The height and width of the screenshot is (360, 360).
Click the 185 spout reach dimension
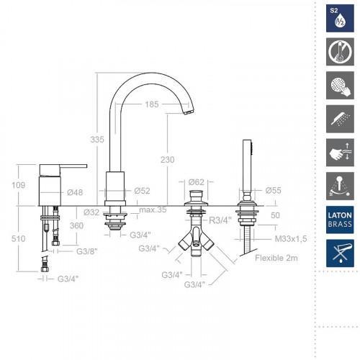(151, 104)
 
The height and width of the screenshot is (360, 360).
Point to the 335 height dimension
(97, 139)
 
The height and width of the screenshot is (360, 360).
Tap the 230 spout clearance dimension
(168, 160)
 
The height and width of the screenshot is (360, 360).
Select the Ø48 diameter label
(75, 192)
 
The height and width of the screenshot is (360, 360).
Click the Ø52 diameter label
(142, 191)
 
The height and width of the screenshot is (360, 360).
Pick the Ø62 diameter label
(197, 182)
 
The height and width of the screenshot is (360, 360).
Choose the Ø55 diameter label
(273, 191)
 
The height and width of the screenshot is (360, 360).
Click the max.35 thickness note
(153, 210)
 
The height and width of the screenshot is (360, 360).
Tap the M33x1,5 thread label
(291, 239)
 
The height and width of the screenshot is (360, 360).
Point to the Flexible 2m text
(276, 258)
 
